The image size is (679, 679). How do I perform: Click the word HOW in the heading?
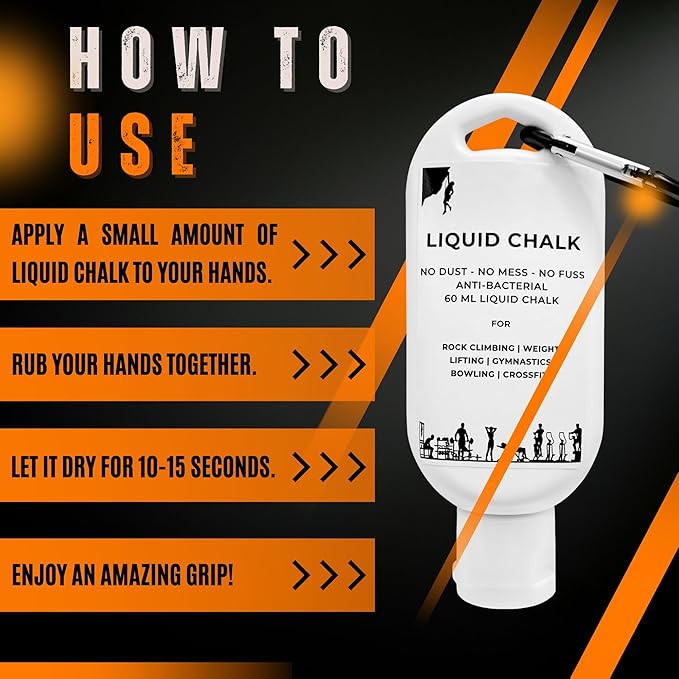(x=146, y=58)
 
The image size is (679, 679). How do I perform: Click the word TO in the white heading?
(x=312, y=58)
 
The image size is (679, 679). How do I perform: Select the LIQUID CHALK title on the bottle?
(x=503, y=242)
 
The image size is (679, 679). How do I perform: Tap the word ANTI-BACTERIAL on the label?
(x=501, y=286)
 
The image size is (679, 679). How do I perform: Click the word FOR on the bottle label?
(x=501, y=324)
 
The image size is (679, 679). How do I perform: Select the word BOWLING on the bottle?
(x=472, y=373)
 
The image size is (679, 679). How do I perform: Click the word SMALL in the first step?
(x=129, y=235)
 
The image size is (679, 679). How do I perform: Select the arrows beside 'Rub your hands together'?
(x=329, y=364)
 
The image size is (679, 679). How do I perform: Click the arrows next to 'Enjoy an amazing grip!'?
(x=329, y=575)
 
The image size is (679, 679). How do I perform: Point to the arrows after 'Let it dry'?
(x=329, y=467)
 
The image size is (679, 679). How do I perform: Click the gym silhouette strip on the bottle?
(x=501, y=443)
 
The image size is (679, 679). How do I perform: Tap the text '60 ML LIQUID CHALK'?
(x=501, y=300)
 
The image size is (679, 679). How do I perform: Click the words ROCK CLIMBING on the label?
(x=478, y=347)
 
